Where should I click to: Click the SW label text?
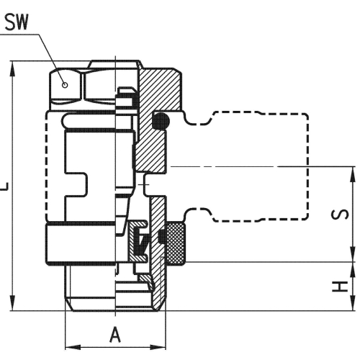[17, 22]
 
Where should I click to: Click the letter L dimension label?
[4, 186]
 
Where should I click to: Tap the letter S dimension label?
[340, 215]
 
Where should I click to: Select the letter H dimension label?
[340, 287]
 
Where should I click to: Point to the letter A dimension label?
[115, 335]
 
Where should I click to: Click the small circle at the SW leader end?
[65, 85]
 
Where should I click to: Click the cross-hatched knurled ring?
[176, 243]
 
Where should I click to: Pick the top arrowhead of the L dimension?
[12, 69]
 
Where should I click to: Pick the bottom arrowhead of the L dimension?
[12, 303]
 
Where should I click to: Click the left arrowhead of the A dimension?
[73, 347]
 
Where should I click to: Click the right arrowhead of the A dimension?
[158, 347]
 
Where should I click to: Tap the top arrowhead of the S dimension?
[353, 174]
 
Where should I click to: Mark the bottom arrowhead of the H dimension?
[353, 303]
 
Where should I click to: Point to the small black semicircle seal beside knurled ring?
[162, 236]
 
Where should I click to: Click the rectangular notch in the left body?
[76, 185]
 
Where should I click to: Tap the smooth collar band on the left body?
[81, 243]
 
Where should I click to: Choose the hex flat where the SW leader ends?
[66, 85]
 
